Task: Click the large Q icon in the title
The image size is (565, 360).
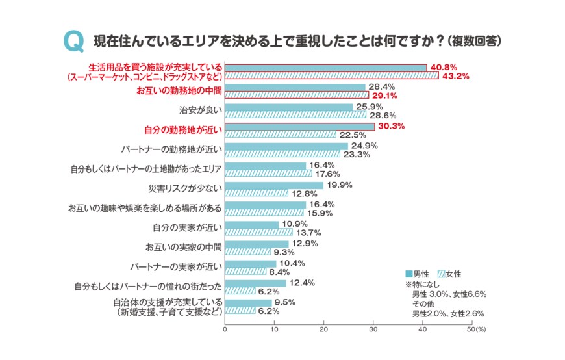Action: (x=73, y=42)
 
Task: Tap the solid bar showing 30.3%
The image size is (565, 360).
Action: (x=300, y=126)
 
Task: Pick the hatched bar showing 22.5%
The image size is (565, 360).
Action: (x=281, y=135)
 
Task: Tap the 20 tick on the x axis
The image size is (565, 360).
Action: (x=323, y=330)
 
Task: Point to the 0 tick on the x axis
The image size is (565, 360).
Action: (x=225, y=330)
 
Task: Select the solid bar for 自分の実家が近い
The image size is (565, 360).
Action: (x=252, y=224)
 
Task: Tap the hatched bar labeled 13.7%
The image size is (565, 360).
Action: (x=259, y=233)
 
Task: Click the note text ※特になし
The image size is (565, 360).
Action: (x=423, y=284)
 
